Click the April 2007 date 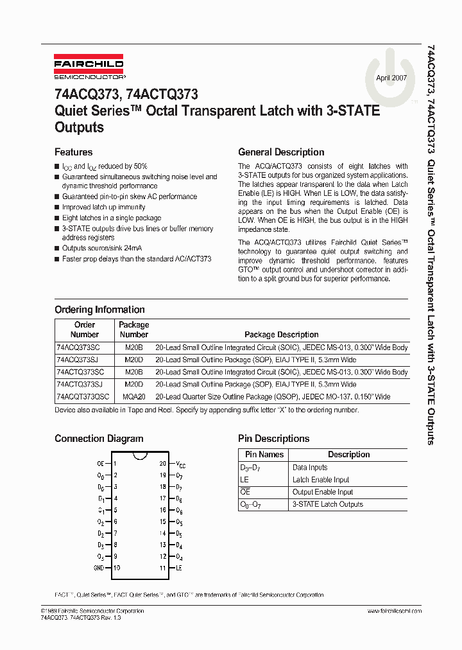391,78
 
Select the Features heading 73,152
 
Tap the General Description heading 280,152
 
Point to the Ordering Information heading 99,310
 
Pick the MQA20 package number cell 134,397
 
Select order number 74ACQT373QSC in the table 83,397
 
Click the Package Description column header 281,335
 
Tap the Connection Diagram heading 99,439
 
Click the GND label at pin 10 98,568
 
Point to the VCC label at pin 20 181,464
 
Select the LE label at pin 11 179,568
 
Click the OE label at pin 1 100,463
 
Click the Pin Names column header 262,455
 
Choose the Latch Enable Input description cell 321,480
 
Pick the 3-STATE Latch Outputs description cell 327,504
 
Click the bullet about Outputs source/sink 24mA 102,248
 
